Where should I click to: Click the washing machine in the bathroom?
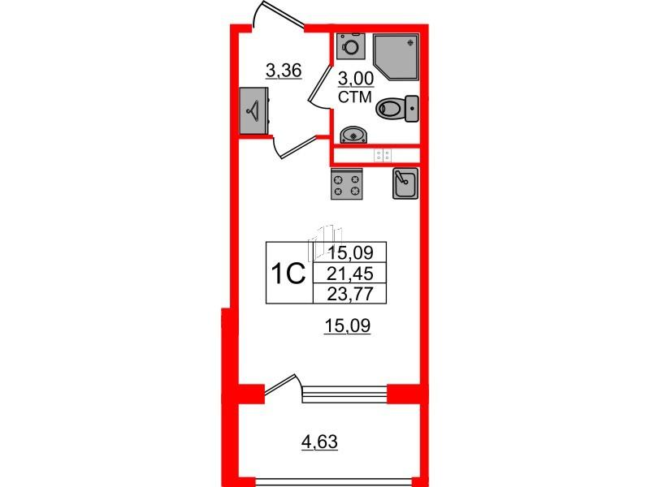pos(351,46)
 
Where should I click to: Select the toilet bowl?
pos(396,109)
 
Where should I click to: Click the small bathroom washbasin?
pos(353,135)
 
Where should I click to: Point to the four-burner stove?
pos(347,184)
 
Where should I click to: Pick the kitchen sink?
pos(405,183)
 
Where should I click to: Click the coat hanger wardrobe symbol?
pos(253,110)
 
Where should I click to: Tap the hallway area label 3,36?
pos(284,71)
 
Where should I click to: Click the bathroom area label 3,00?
pos(356,79)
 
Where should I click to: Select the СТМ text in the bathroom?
pos(354,97)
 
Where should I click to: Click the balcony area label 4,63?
pos(319,442)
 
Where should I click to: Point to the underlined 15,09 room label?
pos(348,326)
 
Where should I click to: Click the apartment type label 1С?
pos(288,274)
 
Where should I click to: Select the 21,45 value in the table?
pos(350,274)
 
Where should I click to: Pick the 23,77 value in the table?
pos(350,294)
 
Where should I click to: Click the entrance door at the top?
pos(279,15)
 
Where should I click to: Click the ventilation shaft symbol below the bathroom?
pos(383,156)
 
